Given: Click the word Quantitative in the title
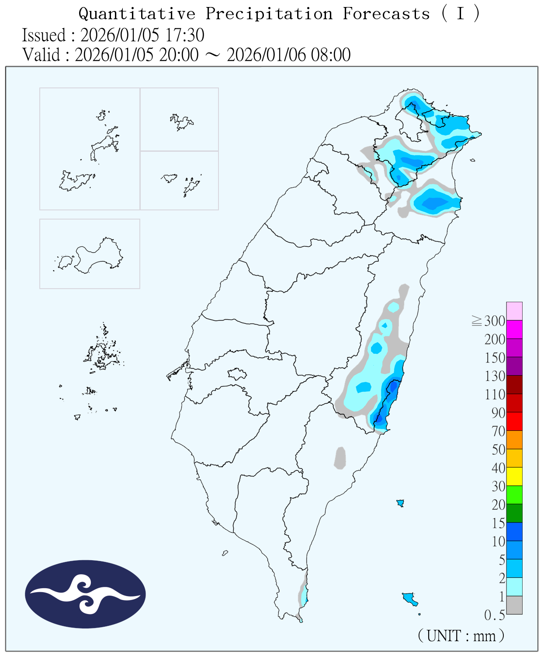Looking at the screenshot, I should pos(137,14).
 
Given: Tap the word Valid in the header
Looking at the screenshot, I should pos(41,55).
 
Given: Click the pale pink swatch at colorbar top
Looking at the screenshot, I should pos(514,311).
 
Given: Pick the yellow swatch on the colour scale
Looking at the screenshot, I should pos(514,476).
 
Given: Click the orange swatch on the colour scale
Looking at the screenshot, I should pos(514,440).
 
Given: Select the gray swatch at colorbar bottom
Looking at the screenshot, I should pos(514,605).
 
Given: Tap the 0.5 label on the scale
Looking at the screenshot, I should pos(494,615).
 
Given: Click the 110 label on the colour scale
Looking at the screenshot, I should pos(495,394).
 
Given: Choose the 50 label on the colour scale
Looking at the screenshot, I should pos(498,450).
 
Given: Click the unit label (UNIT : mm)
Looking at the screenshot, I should pos(461,635).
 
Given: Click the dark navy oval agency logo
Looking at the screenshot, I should pos(85,594).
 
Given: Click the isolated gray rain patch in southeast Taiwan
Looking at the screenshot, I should pos(340,458).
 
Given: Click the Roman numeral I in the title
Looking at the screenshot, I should pos(460,14).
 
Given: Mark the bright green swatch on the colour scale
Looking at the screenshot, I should pos(514,495).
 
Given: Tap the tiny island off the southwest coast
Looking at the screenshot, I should pos(225,553).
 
